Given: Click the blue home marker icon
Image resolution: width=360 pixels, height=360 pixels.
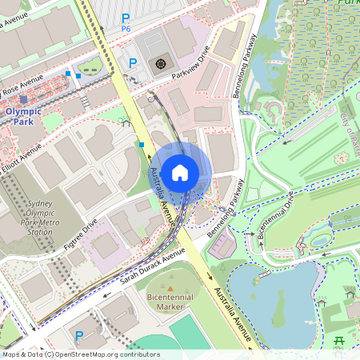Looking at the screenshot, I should point(180,172).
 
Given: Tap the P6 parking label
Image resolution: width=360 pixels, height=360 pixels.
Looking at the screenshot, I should point(126,22).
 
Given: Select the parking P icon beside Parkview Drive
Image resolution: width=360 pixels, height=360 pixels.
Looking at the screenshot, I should point(133,62).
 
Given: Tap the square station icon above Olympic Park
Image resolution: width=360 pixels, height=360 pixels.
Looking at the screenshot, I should point(23,99).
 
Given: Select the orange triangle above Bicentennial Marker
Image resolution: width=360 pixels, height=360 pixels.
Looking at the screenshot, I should point(170,287).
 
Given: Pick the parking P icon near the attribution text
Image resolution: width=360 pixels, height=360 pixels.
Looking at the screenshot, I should point(78,336).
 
